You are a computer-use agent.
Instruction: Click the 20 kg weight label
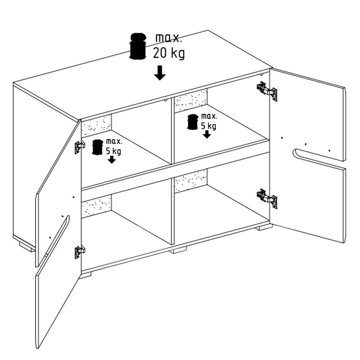point(169,54)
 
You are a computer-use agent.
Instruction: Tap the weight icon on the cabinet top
point(138,46)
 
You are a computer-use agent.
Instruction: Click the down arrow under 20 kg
point(160,73)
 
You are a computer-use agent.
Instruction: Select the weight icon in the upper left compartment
point(97,147)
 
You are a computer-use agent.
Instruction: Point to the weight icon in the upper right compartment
point(193,122)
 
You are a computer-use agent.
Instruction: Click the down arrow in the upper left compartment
point(112,159)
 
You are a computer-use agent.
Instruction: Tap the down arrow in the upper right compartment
point(207,134)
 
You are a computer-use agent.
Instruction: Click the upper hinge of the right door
point(267,91)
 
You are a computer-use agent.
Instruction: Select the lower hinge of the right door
point(267,199)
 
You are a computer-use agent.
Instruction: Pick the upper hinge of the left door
point(80,147)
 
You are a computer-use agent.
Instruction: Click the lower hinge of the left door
point(80,252)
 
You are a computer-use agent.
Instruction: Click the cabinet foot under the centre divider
point(179,250)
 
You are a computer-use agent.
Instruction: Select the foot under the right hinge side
point(264,227)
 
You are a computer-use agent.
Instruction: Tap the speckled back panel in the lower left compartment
point(96,206)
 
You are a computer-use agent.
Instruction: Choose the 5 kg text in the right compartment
point(209,126)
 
